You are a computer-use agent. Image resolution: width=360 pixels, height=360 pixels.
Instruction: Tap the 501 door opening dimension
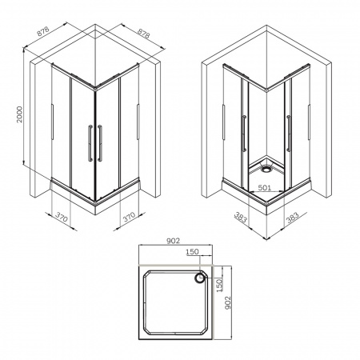tap(265, 187)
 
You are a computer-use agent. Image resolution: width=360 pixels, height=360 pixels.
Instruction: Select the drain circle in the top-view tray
tap(199, 278)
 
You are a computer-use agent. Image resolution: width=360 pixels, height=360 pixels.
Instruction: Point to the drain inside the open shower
tap(266, 169)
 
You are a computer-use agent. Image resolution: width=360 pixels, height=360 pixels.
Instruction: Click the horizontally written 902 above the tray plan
tap(174, 241)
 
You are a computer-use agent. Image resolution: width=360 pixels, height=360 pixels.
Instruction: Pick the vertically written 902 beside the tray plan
tap(227, 302)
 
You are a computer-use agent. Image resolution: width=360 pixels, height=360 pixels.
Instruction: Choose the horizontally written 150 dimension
tap(192, 251)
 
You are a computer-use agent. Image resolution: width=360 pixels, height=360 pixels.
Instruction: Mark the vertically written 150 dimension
tap(219, 285)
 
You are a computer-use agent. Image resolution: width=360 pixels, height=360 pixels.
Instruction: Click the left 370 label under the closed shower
tap(62, 218)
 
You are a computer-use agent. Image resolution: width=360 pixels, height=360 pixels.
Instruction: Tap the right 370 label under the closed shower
tap(130, 217)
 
